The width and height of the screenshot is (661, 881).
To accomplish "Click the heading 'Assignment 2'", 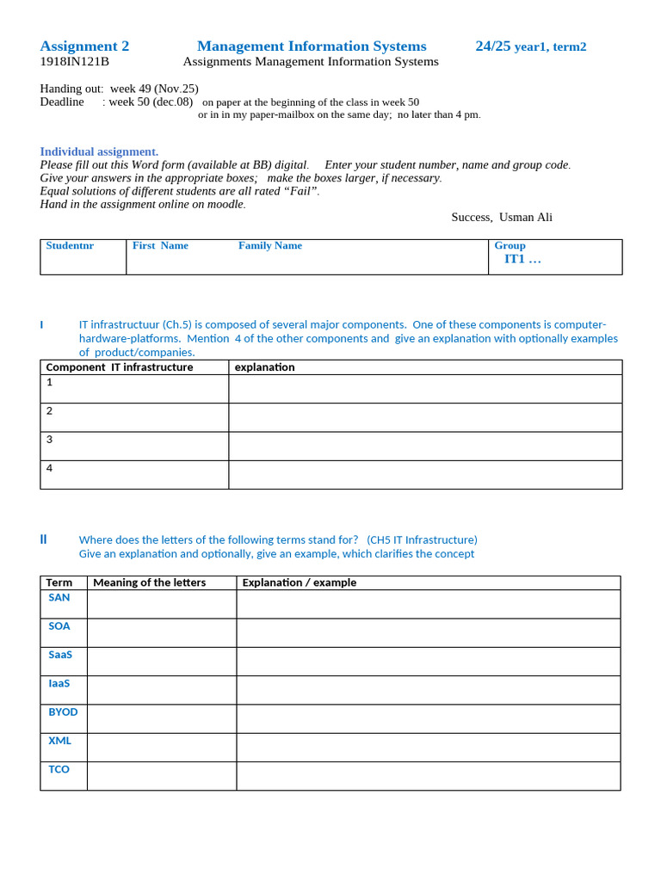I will point(84,46).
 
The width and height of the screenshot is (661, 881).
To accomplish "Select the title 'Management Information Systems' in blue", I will point(312,46).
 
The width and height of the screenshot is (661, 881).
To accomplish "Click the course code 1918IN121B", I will point(75,62).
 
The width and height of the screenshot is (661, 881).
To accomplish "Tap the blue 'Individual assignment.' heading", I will point(99,151).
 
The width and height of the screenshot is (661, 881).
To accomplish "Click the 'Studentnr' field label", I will point(70,246).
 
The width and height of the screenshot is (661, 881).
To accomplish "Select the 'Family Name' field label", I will point(270,246).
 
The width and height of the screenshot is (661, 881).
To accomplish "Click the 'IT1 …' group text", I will point(522,259).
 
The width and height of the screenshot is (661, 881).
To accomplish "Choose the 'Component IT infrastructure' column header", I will point(120,367).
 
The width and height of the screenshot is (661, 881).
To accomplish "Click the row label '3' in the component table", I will point(50,440).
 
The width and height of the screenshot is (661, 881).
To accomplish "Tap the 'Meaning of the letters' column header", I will point(149,582).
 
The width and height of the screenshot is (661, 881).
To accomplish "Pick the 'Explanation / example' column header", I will point(299,582).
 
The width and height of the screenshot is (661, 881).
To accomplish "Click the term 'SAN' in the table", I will point(59,597).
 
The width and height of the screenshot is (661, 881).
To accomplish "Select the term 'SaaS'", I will point(60,655).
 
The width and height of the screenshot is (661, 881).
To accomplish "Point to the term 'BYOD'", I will point(63,712).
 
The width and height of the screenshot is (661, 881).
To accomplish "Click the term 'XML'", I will point(60,741).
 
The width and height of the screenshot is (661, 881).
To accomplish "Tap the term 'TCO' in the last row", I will point(59,769).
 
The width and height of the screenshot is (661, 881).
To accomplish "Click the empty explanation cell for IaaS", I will point(428,690).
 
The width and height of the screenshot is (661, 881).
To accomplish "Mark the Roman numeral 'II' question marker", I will point(43,539).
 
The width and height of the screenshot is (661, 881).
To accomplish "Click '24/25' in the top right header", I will point(493,46).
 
